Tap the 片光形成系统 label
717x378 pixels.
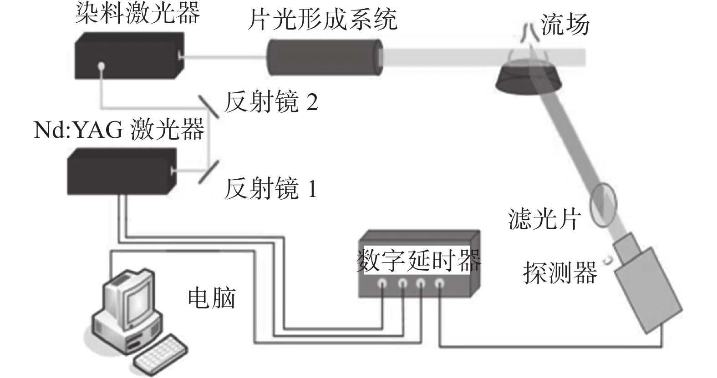coord(322,20)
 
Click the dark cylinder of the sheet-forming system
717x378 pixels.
coord(324,57)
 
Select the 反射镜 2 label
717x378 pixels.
coord(271,101)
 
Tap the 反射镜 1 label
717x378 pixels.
coord(270,188)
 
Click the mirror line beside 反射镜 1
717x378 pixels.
coord(209,172)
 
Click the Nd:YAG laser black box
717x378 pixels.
coord(121,171)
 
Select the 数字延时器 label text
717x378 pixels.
coord(418,259)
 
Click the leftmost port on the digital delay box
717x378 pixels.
coord(382,283)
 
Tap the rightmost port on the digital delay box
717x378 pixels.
coord(439,283)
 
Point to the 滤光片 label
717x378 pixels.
coord(544,219)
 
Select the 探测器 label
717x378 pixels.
coord(560,272)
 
